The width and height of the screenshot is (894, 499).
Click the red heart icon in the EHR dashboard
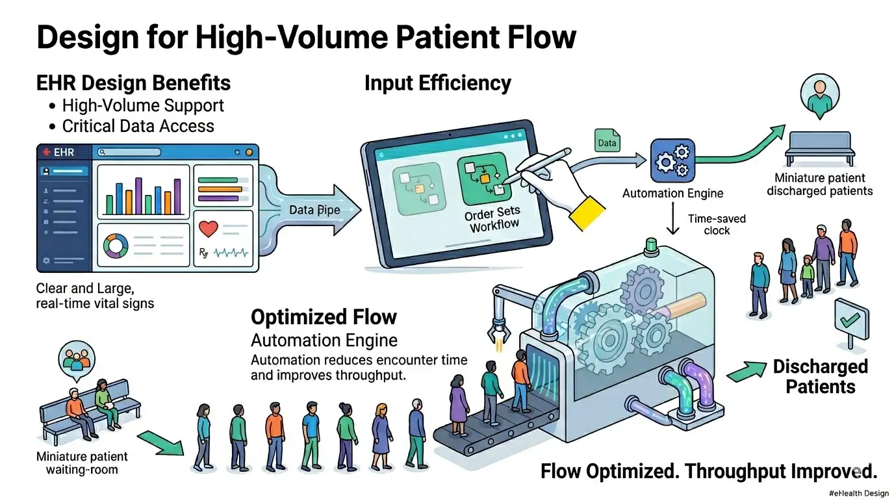pyautogui.click(x=209, y=229)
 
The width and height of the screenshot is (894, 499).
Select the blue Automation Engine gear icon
pyautogui.click(x=672, y=160)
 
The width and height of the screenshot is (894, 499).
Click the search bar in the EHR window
pyautogui.click(x=128, y=152)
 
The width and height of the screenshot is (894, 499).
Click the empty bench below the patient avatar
pyautogui.click(x=818, y=147)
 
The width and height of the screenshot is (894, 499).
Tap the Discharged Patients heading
pyautogui.click(x=820, y=376)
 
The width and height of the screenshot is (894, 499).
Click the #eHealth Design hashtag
pyautogui.click(x=858, y=493)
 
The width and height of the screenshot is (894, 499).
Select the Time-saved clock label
pyautogui.click(x=717, y=225)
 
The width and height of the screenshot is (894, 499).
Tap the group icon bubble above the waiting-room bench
pyautogui.click(x=77, y=357)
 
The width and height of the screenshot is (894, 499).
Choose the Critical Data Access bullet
pyautogui.click(x=138, y=125)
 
